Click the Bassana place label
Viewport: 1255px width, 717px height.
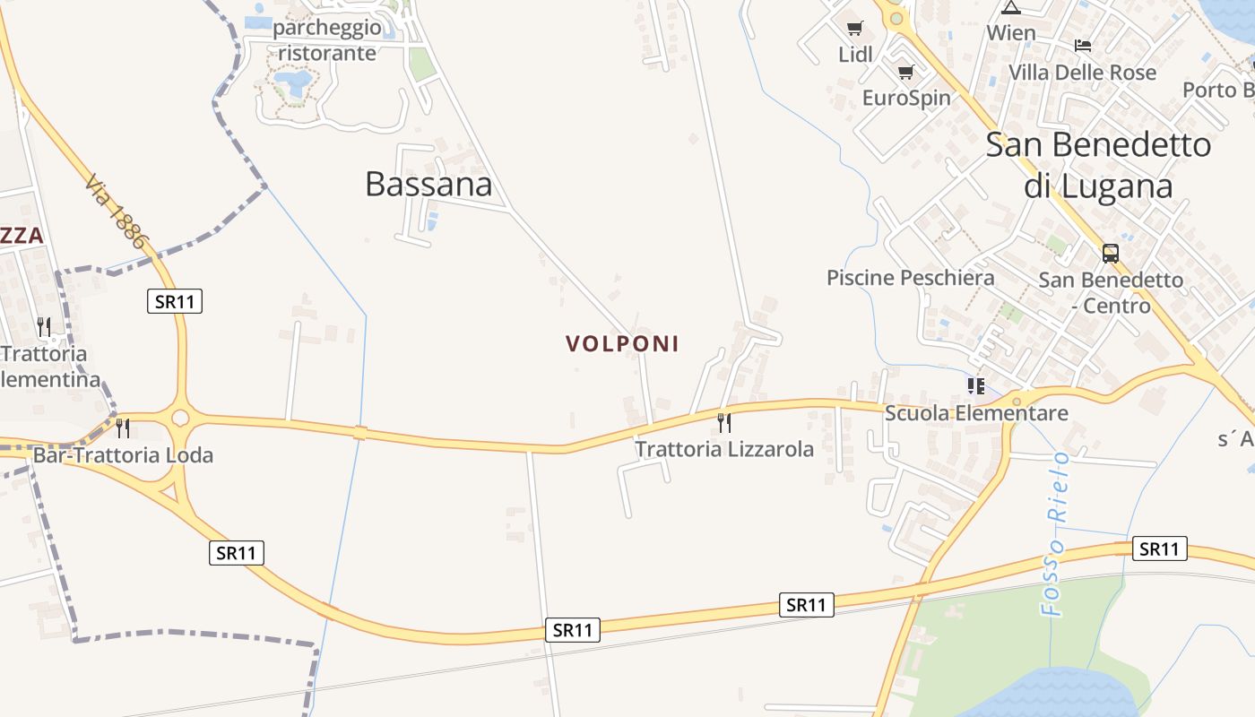(x=428, y=184)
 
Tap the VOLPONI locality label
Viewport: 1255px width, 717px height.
(x=622, y=343)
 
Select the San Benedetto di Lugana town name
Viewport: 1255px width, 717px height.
(x=1098, y=165)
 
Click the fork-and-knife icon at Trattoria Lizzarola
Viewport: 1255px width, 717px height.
(x=724, y=422)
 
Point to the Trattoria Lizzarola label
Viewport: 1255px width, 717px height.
(x=724, y=449)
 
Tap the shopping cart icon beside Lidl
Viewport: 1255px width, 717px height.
(x=854, y=29)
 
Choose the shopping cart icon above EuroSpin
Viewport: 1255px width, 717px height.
(x=905, y=73)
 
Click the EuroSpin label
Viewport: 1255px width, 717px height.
(x=905, y=97)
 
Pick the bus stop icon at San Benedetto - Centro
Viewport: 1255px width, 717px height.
(x=1110, y=254)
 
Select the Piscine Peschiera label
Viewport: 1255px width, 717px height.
(x=910, y=278)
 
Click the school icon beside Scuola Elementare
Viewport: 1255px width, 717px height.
(x=975, y=386)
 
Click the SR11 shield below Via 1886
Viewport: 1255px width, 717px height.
(x=175, y=301)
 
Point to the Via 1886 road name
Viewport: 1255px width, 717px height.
(x=116, y=212)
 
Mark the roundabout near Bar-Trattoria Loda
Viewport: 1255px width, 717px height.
(x=181, y=417)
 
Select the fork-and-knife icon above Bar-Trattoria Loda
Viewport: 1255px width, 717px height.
(x=123, y=428)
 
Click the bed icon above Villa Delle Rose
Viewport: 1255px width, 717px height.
(x=1083, y=46)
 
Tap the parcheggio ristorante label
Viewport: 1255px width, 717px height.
(x=327, y=40)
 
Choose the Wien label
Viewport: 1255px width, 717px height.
(x=1011, y=33)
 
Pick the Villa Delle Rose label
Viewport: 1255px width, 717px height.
(x=1082, y=72)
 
